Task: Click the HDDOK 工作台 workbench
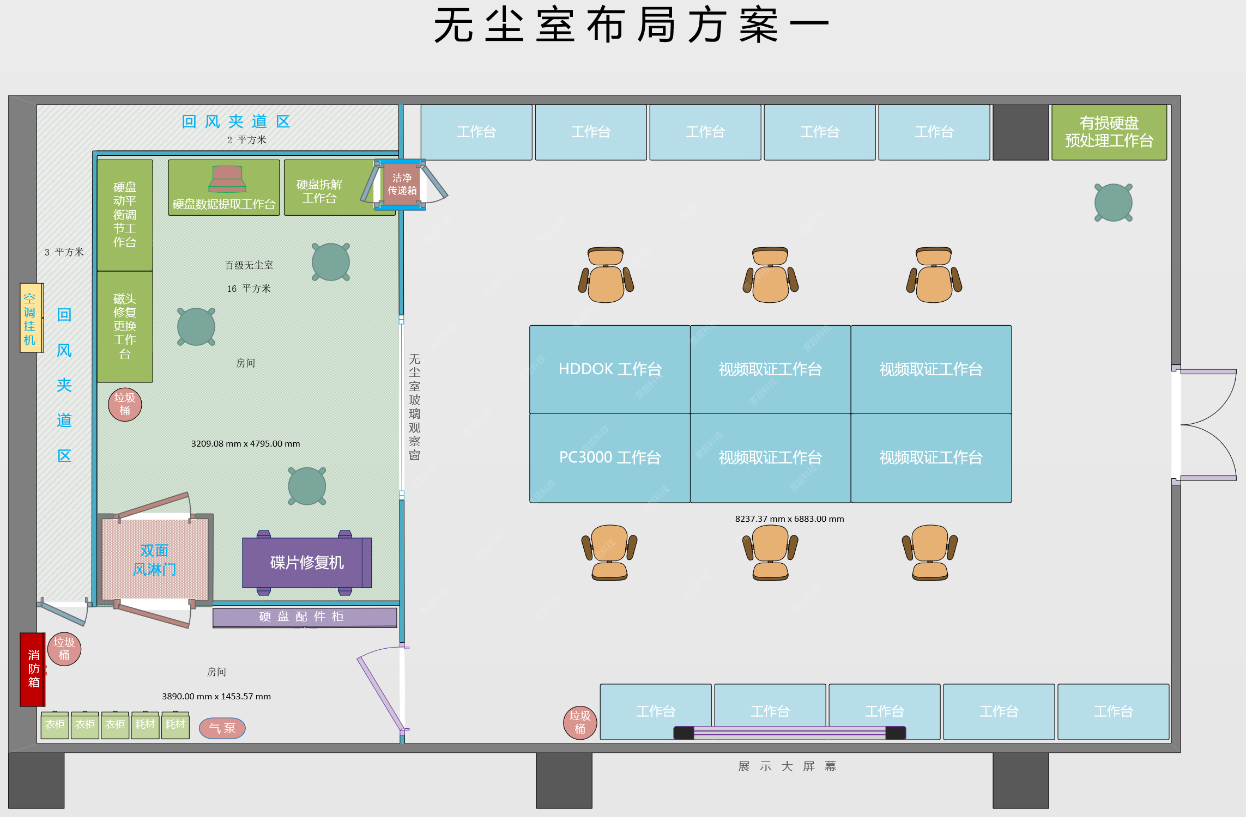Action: point(609,369)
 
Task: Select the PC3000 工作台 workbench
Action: point(609,458)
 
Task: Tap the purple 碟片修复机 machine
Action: point(306,562)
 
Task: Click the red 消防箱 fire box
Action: point(33,669)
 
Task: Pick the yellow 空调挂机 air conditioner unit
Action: point(31,318)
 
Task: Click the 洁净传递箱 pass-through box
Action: point(402,184)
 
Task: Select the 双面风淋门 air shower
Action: point(155,560)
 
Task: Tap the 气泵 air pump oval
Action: point(222,728)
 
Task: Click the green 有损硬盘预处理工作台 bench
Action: point(1109,132)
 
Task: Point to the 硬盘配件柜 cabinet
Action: point(304,617)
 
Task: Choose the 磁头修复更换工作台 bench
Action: point(125,326)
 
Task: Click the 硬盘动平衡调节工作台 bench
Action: point(125,215)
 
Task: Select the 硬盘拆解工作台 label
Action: point(319,191)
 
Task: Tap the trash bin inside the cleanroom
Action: point(125,404)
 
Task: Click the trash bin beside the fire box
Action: point(64,649)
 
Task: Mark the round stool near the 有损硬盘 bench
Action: point(1113,203)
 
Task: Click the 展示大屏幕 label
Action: point(787,766)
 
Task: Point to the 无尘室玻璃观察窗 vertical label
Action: point(414,407)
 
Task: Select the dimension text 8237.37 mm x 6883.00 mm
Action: point(789,519)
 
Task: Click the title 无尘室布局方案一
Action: point(631,25)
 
